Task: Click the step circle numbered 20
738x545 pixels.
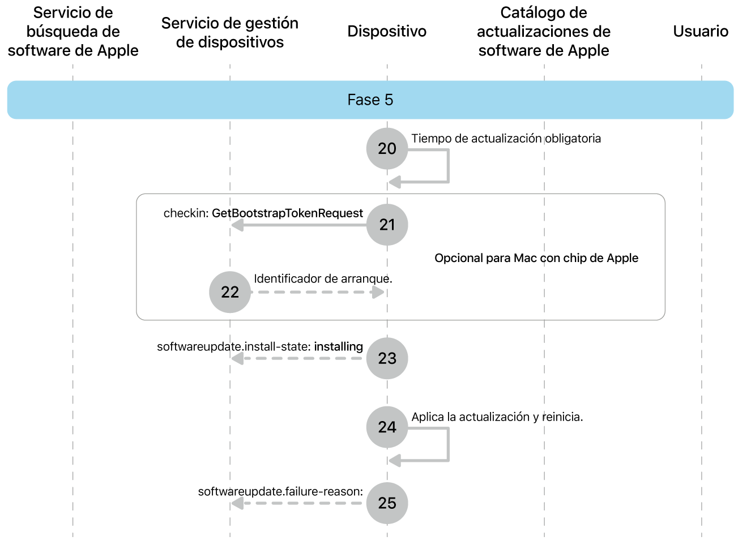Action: tap(387, 149)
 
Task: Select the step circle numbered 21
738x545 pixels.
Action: tap(387, 225)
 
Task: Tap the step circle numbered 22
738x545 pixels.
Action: tap(230, 292)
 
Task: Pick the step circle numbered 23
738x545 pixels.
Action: tap(387, 358)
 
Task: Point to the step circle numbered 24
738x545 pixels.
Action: tap(387, 427)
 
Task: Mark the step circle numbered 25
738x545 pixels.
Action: tap(387, 503)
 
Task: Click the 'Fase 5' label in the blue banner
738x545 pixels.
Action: tap(370, 100)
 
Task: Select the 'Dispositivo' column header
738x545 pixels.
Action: tap(387, 31)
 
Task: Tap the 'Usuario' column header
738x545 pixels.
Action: tap(701, 31)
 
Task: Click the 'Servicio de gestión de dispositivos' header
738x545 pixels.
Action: tap(230, 32)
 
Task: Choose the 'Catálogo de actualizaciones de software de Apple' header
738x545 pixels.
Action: tap(544, 32)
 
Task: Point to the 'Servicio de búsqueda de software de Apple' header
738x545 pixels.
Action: tap(73, 32)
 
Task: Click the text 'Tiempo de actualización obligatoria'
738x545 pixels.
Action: tap(506, 139)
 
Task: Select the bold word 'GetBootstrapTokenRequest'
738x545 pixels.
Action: tap(287, 213)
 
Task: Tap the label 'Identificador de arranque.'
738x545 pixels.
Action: tap(323, 279)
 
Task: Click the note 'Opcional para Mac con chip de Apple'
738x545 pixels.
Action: tap(536, 258)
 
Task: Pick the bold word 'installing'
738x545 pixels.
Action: tap(338, 346)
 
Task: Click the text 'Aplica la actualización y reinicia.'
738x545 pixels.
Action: tap(497, 417)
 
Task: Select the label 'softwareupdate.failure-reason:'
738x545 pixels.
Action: tap(280, 491)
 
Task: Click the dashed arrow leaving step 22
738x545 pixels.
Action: tap(317, 292)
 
